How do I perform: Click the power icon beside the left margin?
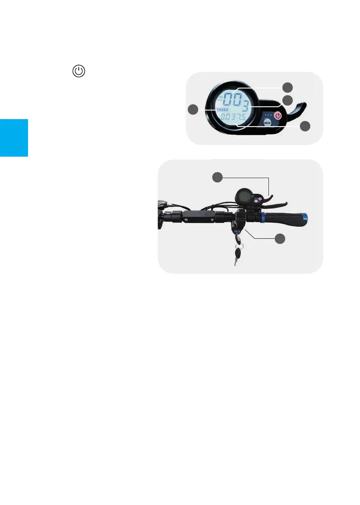pyautogui.click(x=79, y=71)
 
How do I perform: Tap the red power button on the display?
pyautogui.click(x=278, y=115)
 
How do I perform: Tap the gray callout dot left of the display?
pyautogui.click(x=193, y=110)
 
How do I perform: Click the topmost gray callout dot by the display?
pyautogui.click(x=287, y=87)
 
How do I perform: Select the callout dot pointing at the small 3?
pyautogui.click(x=287, y=100)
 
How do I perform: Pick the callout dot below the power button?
pyautogui.click(x=305, y=127)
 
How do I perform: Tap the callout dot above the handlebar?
pyautogui.click(x=218, y=177)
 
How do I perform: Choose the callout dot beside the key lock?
pyautogui.click(x=280, y=239)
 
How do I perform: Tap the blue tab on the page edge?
pyautogui.click(x=14, y=138)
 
